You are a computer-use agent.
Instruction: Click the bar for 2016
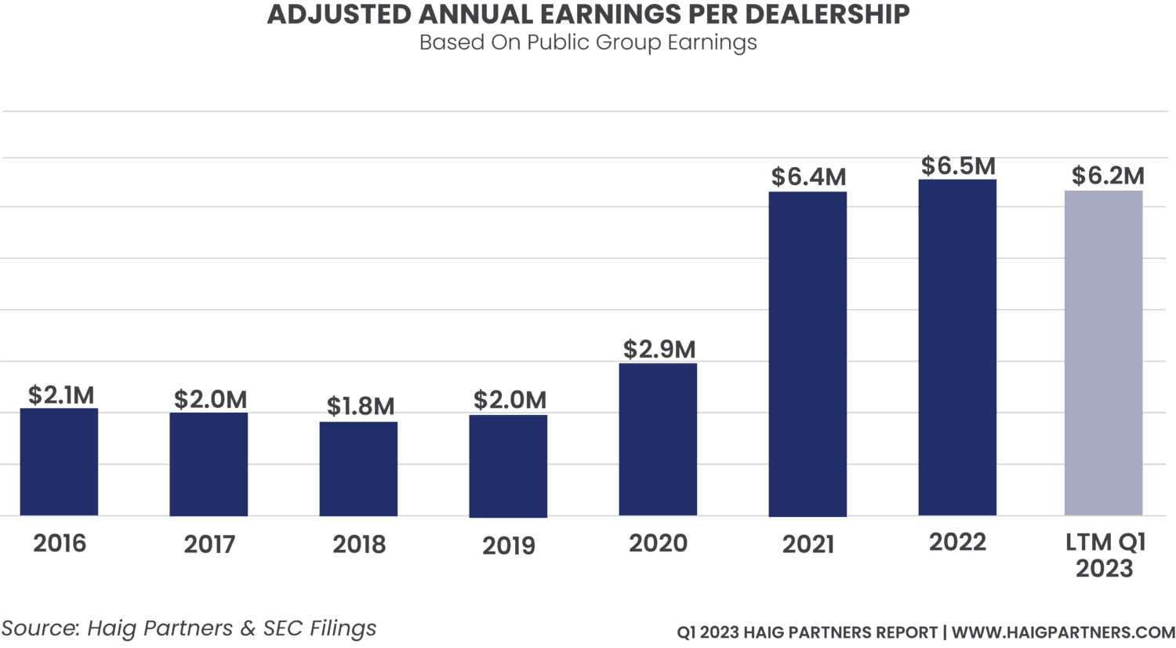tap(59, 462)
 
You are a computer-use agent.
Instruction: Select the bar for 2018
tap(358, 469)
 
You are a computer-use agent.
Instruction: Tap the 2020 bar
tap(658, 439)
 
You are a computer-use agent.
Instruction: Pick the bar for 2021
tap(808, 354)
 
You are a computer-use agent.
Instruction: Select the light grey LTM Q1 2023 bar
tap(1103, 353)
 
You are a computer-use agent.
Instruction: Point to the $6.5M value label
tap(958, 166)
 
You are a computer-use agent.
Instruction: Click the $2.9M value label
tap(659, 349)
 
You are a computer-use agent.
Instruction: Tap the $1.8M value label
tap(361, 406)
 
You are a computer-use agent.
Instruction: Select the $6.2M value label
tap(1108, 177)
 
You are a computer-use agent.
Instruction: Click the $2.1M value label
tap(61, 395)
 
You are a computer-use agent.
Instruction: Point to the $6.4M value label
tap(808, 177)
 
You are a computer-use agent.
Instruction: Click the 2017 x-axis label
tap(209, 544)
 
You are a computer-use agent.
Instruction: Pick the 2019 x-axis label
tap(509, 545)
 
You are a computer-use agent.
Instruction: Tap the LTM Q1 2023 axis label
tap(1105, 555)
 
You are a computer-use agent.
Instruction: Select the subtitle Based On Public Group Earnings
tap(588, 42)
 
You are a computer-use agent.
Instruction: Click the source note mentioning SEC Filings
tap(188, 628)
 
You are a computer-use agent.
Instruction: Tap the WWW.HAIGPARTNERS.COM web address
tap(1063, 632)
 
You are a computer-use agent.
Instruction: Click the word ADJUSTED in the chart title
tap(318, 14)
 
